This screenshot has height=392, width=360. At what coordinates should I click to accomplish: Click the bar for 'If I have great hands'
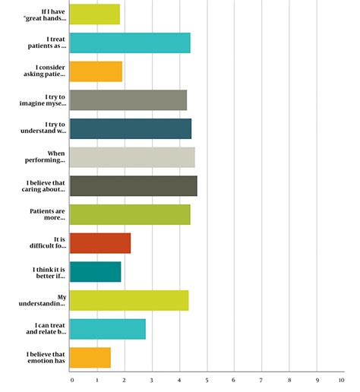(x=94, y=14)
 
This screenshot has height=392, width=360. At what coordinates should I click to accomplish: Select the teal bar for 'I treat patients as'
(x=129, y=43)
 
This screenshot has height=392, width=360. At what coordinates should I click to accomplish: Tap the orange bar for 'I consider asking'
(x=96, y=71)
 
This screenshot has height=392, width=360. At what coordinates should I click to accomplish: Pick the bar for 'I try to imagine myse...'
(x=128, y=100)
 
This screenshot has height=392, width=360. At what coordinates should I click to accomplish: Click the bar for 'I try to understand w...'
(x=130, y=129)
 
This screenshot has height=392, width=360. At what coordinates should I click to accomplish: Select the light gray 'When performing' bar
(x=131, y=157)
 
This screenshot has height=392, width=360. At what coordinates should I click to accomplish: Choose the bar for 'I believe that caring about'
(x=133, y=186)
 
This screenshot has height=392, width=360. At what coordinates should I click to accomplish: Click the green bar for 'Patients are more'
(x=129, y=215)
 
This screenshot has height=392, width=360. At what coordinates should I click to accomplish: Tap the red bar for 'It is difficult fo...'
(x=99, y=243)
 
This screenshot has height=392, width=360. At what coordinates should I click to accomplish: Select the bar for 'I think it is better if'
(x=95, y=272)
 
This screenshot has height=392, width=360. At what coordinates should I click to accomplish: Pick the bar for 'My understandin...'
(x=128, y=300)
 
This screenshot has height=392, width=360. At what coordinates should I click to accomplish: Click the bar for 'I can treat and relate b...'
(x=107, y=329)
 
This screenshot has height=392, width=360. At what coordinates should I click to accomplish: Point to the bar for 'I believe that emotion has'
(x=90, y=358)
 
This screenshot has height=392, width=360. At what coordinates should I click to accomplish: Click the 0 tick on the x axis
(x=71, y=380)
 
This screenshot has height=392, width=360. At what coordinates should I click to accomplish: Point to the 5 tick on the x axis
(x=207, y=380)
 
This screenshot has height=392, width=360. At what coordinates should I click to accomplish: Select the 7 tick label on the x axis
(x=261, y=380)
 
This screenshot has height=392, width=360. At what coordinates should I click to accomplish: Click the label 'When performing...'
(x=46, y=157)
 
